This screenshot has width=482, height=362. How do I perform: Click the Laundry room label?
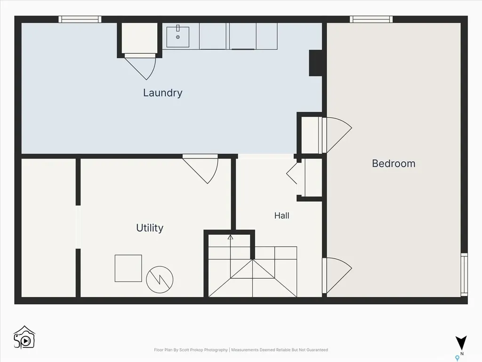coord(162,93)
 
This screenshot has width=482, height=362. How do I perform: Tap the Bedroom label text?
coord(394,164)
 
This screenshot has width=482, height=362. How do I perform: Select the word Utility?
coord(150,228)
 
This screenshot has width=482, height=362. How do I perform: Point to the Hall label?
coord(281,215)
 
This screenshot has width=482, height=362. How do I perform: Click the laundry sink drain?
coord(177,37)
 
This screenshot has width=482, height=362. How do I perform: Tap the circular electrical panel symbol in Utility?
coord(160,280)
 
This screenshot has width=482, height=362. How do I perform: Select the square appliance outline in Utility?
coord(128,268)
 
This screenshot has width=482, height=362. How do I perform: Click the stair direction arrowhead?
coord(230,237)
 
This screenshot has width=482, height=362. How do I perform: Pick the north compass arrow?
coord(461,343)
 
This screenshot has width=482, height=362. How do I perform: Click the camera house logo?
coord(24,337)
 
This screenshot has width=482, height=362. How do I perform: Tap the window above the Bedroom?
coord(371,19)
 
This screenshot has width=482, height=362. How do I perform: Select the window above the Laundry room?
coord(80,19)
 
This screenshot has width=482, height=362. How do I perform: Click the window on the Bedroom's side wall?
coord(464,275)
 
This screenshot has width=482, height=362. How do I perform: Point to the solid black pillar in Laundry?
coord(315,63)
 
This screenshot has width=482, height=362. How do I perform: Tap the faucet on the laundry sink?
coord(177,28)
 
